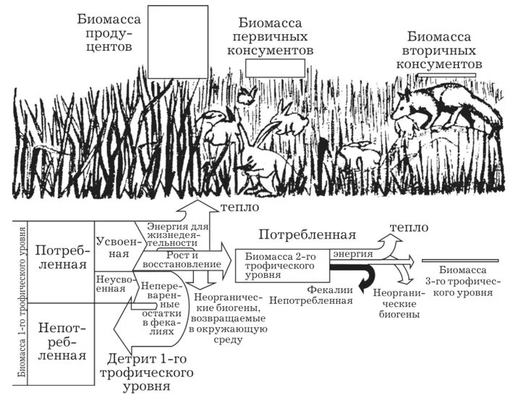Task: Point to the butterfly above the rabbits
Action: point(249,94)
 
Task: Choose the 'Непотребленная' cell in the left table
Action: point(62,342)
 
